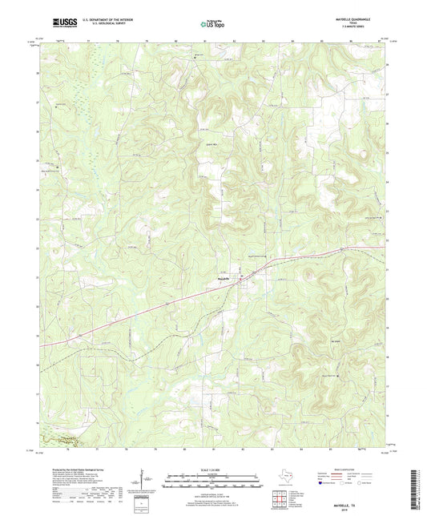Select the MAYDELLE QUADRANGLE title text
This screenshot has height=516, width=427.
(365, 18)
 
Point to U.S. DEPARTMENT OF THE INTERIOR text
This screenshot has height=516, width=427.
(99, 20)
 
